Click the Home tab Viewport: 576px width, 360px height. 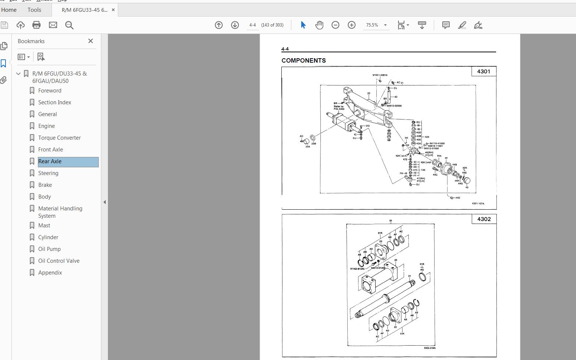[9, 10]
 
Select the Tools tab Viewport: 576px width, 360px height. [34, 10]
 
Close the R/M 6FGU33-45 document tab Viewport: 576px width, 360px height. [113, 10]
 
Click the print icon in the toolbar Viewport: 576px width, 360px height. [36, 25]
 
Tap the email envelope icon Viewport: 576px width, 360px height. [53, 25]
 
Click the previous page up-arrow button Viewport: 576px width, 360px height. [219, 25]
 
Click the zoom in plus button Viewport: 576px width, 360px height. [352, 25]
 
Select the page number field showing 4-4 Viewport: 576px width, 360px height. [253, 25]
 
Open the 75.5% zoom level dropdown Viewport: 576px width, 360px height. [385, 25]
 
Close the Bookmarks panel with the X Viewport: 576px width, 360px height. [91, 41]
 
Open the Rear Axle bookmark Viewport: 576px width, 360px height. [50, 161]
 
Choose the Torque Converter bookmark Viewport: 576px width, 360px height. [59, 138]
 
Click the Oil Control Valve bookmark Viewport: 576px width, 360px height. [59, 261]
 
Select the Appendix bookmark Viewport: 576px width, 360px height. [50, 273]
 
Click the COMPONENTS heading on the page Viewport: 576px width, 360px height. [303, 60]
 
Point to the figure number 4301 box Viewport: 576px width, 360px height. [484, 71]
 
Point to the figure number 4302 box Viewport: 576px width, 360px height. [484, 219]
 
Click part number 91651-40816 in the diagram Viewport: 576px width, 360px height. [380, 75]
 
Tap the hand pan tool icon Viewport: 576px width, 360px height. [319, 25]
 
